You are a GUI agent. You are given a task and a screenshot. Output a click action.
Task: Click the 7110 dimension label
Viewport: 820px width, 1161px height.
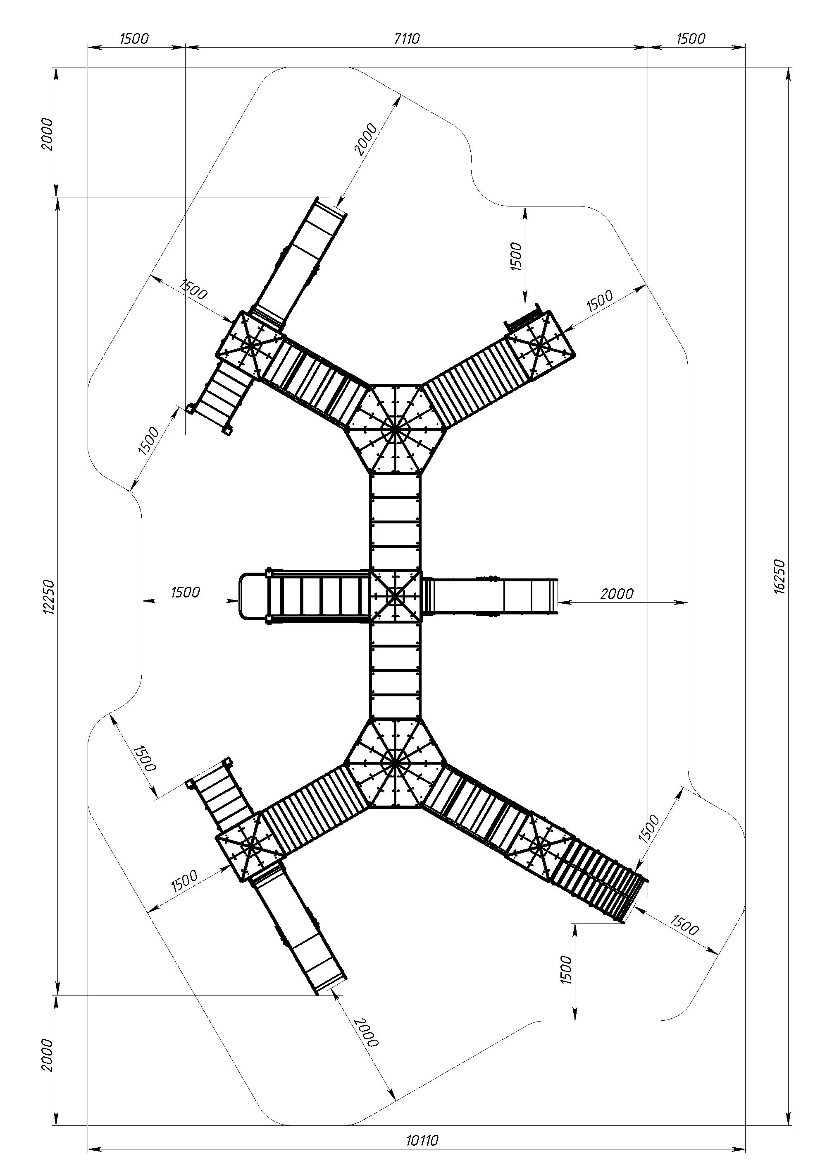tap(407, 38)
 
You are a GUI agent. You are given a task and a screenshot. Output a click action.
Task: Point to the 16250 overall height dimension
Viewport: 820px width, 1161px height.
tap(779, 576)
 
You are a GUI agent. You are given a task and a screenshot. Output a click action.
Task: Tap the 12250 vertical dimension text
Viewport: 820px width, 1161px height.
tap(48, 597)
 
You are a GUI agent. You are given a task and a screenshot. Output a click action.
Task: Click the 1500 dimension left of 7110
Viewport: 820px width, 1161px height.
tap(134, 38)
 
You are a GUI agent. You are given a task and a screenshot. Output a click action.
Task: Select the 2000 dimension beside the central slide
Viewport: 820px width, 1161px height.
tap(617, 594)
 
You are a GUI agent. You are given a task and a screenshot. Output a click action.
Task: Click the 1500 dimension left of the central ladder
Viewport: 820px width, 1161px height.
tap(186, 592)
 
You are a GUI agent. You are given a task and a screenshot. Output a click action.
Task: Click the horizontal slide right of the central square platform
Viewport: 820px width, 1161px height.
tap(490, 597)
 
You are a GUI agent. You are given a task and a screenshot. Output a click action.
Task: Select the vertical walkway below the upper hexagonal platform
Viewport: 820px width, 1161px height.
tap(395, 521)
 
